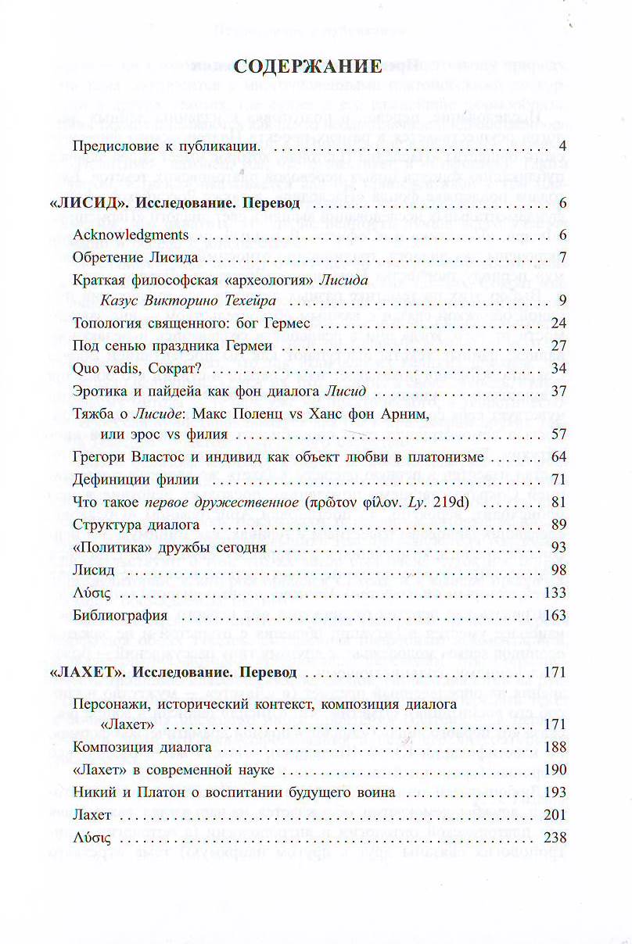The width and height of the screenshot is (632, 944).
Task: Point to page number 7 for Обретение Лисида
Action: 562,257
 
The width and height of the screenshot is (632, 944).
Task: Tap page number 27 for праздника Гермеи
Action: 558,345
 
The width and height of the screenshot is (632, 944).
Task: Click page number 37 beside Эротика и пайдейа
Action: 558,390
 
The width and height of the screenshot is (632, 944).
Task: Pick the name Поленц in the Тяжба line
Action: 301,413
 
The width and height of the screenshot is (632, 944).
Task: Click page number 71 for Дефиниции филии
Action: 558,478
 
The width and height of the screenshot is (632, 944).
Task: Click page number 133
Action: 555,592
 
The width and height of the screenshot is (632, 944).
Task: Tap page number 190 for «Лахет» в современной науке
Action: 555,770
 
